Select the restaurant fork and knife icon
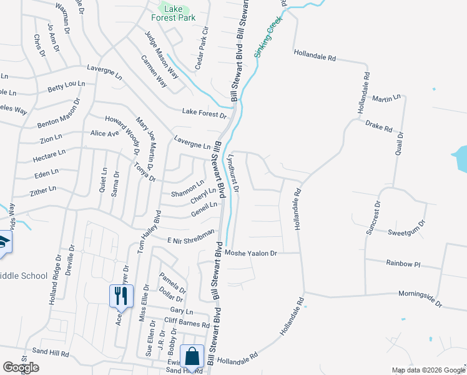pyautogui.click(x=120, y=295)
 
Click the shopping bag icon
pyautogui.click(x=193, y=356)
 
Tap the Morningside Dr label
pyautogui.click(x=421, y=299)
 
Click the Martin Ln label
pyautogui.click(x=386, y=99)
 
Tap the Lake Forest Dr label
pyautogui.click(x=204, y=113)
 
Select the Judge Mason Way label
pyautogui.click(x=162, y=56)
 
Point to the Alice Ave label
pyautogui.click(x=104, y=134)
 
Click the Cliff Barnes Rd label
pyautogui.click(x=187, y=322)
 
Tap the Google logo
pyautogui.click(x=21, y=367)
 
